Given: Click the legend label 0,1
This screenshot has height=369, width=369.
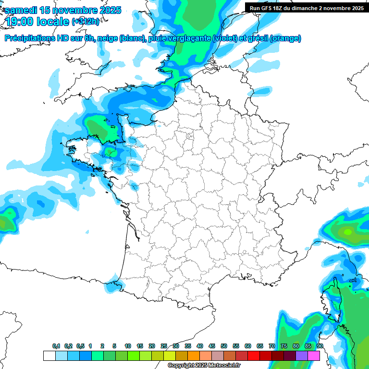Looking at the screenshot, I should [x=56, y=346].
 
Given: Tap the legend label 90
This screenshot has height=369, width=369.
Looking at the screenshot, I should [x=320, y=346].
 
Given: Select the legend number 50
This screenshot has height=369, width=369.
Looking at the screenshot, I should [x=224, y=346].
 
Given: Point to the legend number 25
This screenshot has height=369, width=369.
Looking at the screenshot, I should [x=164, y=346].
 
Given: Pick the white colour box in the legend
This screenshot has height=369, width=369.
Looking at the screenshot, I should [x=49, y=356].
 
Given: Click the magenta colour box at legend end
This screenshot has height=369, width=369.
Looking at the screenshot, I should [x=314, y=356].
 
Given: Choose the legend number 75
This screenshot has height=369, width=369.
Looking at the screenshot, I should [x=284, y=346].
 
